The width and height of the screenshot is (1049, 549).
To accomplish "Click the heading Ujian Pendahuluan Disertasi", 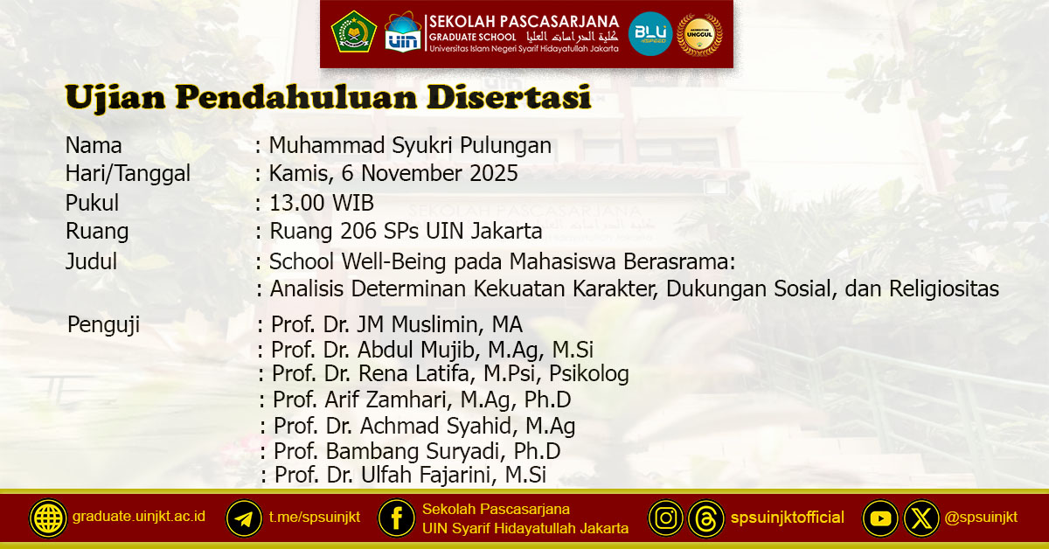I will coord(328,97).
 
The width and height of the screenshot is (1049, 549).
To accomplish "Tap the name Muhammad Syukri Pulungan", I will coord(410,145).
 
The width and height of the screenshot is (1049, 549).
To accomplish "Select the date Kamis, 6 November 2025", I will coord(393,174).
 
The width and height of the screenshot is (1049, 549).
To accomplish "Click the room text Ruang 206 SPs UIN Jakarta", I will coord(406,232).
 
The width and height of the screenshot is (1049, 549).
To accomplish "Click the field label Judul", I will coord(91,261).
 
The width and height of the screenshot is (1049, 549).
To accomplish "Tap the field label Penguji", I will coord(103,325).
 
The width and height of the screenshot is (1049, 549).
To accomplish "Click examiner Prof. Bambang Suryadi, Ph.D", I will coord(417,451).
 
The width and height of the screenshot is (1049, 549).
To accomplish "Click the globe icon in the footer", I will coord(48,518).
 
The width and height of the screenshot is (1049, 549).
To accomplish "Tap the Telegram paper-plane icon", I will coord(245,518).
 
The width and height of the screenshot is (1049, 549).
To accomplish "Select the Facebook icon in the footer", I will coord(396,518).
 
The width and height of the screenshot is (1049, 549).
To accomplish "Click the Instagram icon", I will coord(666,518).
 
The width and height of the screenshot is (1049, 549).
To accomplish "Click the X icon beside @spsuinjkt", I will coord(921,518).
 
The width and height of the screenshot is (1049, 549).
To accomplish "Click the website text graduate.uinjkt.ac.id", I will coord(139,517).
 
